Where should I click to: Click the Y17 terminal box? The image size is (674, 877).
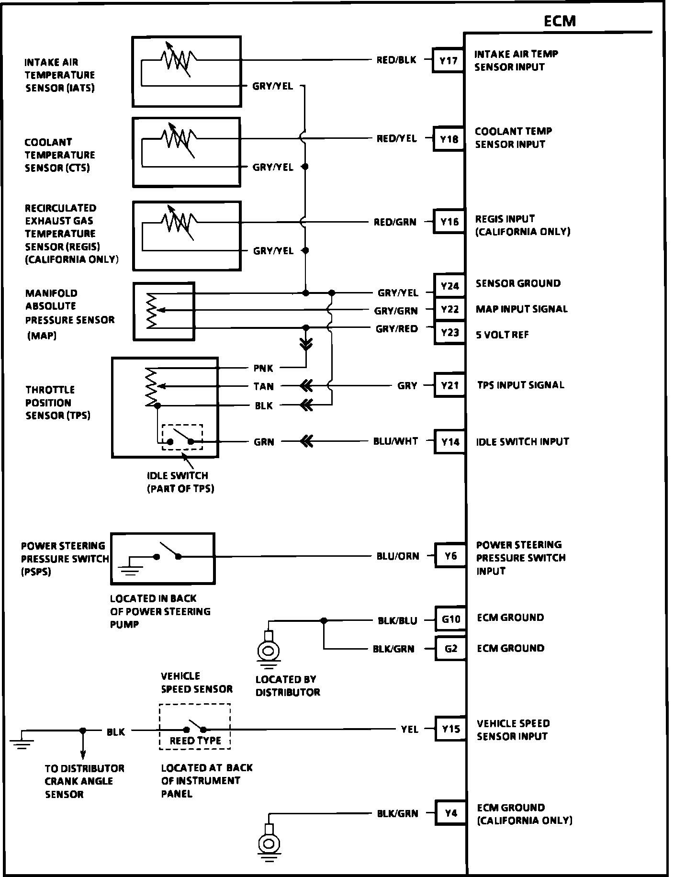tap(448, 61)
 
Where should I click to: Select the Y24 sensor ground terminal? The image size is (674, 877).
tap(449, 286)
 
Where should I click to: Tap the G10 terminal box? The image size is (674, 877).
tap(450, 619)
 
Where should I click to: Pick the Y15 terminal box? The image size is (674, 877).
tap(450, 729)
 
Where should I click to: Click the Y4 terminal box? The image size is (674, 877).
tap(450, 813)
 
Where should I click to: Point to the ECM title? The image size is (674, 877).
tap(560, 21)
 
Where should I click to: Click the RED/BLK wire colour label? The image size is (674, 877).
tap(396, 60)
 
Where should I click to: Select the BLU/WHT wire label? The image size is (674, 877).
tap(395, 441)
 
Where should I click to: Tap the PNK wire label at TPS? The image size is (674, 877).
tap(263, 368)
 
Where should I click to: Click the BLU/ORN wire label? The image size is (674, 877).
tap(398, 556)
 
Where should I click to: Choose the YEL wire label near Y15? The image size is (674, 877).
tap(410, 730)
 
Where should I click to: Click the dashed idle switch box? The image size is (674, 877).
tap(182, 437)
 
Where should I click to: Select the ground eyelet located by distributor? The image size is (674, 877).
tap(268, 651)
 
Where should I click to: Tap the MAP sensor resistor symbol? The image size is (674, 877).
tap(152, 311)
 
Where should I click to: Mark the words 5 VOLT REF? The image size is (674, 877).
tap(502, 335)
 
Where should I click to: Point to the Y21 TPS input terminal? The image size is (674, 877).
tap(450, 385)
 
